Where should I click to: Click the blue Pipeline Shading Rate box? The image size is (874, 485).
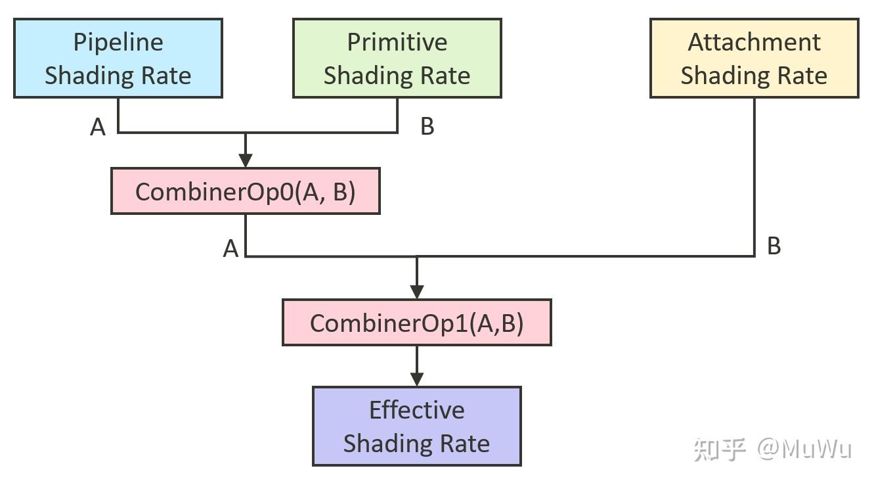[118, 58]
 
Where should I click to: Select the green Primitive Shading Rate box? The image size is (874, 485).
[397, 58]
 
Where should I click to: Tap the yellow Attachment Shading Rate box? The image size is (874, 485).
[754, 58]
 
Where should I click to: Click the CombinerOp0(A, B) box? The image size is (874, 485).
[245, 191]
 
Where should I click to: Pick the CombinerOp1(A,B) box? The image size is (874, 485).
[416, 323]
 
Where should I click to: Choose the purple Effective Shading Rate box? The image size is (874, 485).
[416, 426]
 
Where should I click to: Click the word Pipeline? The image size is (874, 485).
[118, 42]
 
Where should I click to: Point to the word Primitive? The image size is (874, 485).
[397, 42]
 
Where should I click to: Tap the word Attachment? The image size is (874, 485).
[754, 42]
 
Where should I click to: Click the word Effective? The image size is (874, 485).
[416, 409]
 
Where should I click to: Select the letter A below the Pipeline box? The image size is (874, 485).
[98, 127]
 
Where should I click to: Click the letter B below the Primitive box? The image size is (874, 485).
[427, 126]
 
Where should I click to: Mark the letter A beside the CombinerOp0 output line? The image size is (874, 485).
[230, 249]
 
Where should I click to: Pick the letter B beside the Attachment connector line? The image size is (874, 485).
[774, 246]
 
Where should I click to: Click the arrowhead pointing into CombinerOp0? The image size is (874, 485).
[246, 160]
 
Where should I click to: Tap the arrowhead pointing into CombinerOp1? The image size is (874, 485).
[417, 291]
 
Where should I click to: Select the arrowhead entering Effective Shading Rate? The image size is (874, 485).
[417, 379]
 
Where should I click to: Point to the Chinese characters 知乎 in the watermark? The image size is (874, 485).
[720, 450]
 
